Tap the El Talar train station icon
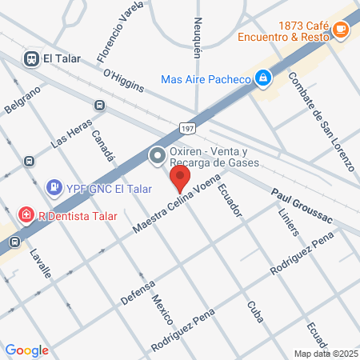click(32, 58)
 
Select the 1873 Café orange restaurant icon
click(342, 30)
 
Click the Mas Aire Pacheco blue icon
click(262, 78)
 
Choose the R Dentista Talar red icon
click(26, 215)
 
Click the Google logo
click(26, 350)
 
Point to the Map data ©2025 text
click(326, 354)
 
